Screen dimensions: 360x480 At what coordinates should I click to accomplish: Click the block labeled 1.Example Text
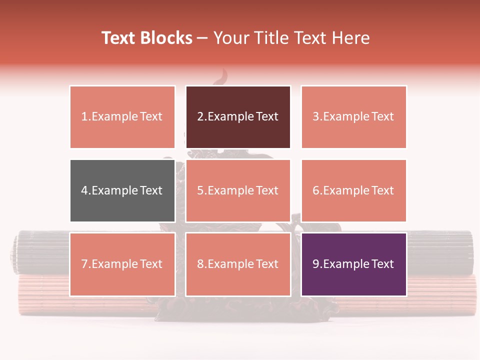tap(122, 117)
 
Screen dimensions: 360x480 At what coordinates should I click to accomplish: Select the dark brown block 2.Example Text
tap(238, 117)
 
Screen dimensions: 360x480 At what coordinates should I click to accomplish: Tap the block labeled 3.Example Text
tap(353, 117)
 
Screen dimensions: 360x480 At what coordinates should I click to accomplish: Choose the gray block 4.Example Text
tap(122, 190)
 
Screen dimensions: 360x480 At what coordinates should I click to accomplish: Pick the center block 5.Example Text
tap(238, 190)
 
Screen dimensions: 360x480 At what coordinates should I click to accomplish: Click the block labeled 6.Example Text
tap(353, 190)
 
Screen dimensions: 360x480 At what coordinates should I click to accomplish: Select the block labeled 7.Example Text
tap(122, 264)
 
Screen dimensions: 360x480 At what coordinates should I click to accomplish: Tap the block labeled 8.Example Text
tap(238, 264)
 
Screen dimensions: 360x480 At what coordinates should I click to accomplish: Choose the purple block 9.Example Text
tap(353, 264)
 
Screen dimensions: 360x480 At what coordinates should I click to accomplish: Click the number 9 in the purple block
tap(316, 264)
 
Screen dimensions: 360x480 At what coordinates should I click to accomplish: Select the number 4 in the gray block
tap(84, 190)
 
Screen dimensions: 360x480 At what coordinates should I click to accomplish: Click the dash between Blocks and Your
tap(203, 38)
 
